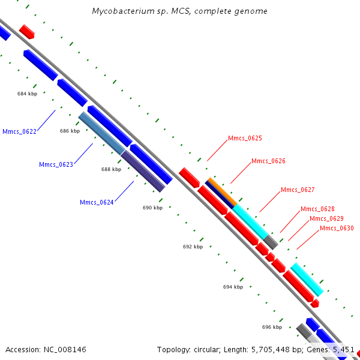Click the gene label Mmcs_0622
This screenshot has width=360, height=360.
click(x=19, y=131)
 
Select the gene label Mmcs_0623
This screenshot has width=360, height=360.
click(x=56, y=164)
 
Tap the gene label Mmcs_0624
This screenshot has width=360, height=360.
click(x=97, y=202)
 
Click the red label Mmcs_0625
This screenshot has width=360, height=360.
click(x=245, y=139)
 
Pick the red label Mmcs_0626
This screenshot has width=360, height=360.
click(x=268, y=161)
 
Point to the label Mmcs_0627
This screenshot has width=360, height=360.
click(x=298, y=190)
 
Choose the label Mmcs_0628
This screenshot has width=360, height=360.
click(x=317, y=209)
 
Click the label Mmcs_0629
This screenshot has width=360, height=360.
click(x=326, y=218)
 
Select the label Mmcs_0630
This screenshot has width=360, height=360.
click(x=337, y=228)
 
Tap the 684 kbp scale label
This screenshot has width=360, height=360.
click(x=28, y=94)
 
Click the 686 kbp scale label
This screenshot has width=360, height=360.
click(x=70, y=131)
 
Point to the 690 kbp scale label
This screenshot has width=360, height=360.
click(x=152, y=208)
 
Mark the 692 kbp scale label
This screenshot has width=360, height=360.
click(x=193, y=247)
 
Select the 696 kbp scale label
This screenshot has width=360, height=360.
click(x=272, y=327)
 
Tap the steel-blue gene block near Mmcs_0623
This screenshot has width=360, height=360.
click(x=102, y=133)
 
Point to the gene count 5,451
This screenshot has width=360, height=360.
click(x=343, y=349)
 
